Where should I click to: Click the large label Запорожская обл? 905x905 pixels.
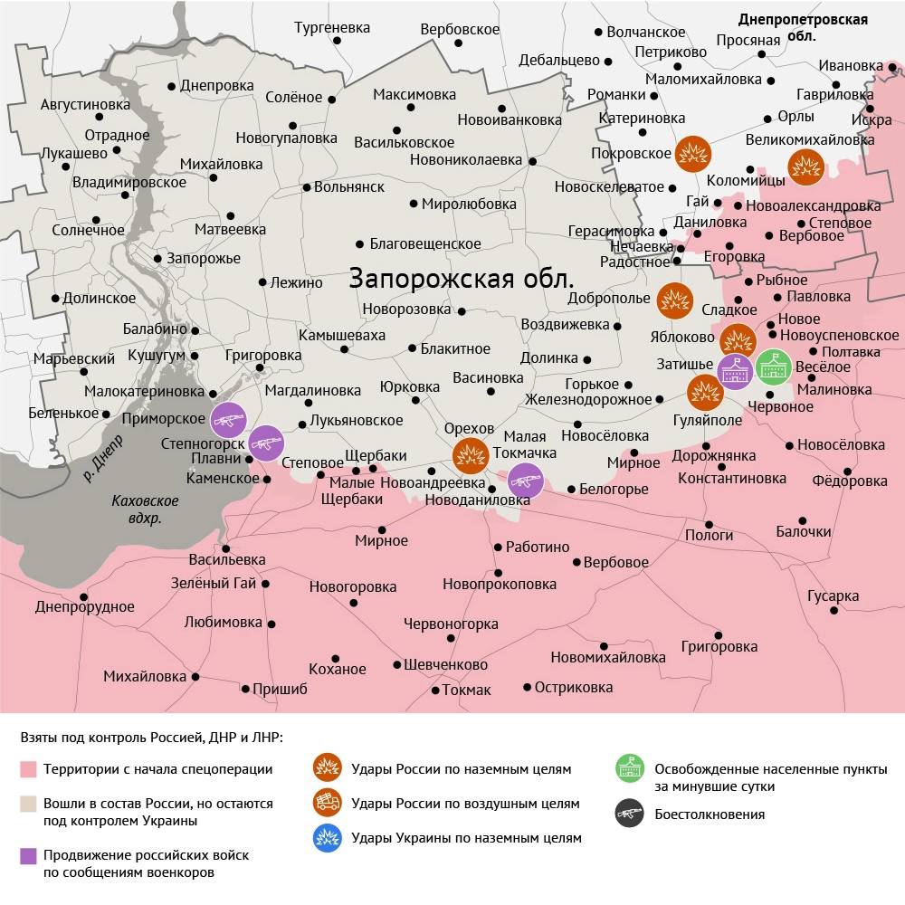461,277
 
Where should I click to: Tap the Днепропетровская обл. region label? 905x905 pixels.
802,28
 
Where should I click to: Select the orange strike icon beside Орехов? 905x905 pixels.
471,456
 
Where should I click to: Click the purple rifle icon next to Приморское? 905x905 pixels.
229,420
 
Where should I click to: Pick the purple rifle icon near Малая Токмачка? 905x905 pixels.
525,481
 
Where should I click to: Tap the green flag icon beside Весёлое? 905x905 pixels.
774,367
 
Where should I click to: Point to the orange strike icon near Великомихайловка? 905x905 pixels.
805,167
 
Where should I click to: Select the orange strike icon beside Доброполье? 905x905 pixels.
675,300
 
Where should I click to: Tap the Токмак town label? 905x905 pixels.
466,691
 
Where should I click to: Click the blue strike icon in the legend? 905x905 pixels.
326,838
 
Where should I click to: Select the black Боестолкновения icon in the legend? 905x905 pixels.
628,814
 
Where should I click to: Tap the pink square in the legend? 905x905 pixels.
28,770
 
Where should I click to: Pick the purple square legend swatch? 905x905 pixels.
28,855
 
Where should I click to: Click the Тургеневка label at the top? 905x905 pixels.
332,28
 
